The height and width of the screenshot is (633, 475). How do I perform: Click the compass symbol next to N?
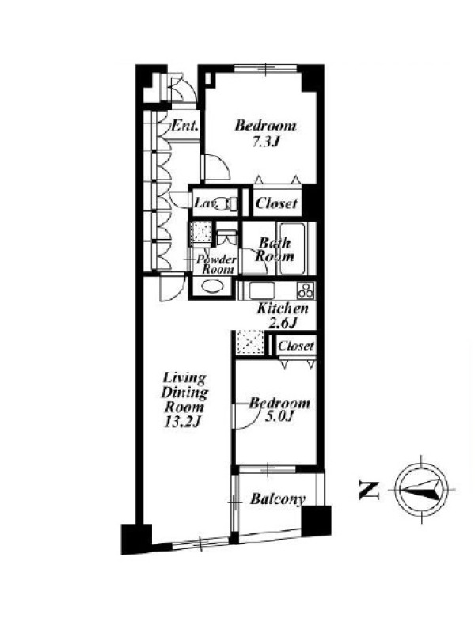coord(421,489)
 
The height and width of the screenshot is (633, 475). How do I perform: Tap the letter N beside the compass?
coord(369,490)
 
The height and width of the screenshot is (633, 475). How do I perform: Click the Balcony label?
coord(278,499)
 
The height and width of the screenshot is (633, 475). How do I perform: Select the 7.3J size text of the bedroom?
coord(266,142)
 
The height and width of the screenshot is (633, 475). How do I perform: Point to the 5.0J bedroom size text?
coord(279,417)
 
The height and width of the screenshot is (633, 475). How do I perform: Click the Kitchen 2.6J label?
coord(283,315)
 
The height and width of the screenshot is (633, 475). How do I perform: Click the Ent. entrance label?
coord(185,126)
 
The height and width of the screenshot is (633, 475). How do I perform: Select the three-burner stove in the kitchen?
coord(306,290)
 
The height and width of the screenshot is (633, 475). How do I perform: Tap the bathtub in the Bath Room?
coord(293,248)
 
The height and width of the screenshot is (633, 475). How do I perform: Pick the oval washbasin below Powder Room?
coord(211,287)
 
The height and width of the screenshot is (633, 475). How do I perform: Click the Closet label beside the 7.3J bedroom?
coord(276,203)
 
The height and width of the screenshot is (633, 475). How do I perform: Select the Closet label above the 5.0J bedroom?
coord(295,346)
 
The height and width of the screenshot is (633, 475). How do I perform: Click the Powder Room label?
coord(217,264)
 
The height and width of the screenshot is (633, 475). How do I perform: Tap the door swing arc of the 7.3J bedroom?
coord(221,165)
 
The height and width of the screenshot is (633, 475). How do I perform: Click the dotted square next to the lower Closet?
coord(250,343)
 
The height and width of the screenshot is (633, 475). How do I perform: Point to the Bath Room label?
coord(275,249)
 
